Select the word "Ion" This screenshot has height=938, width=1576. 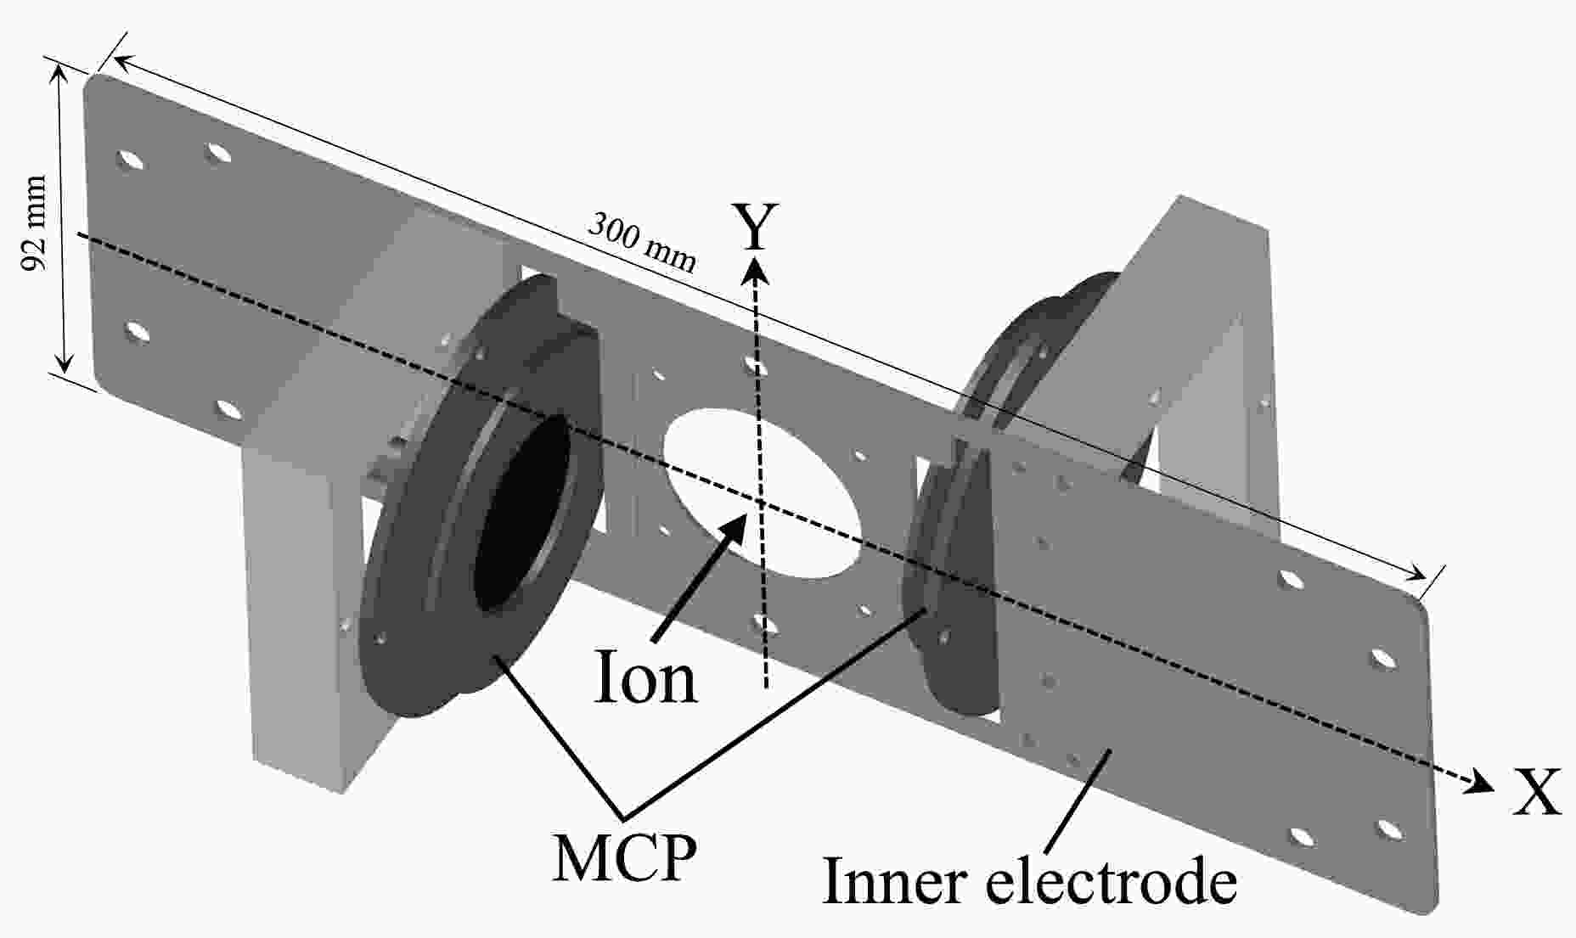[645, 677]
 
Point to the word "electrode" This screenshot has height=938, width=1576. [1112, 881]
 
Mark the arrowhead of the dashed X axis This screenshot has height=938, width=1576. [1482, 781]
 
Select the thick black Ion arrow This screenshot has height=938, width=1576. [697, 577]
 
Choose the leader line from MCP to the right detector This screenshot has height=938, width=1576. [775, 714]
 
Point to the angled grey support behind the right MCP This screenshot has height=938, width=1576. [1206, 357]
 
